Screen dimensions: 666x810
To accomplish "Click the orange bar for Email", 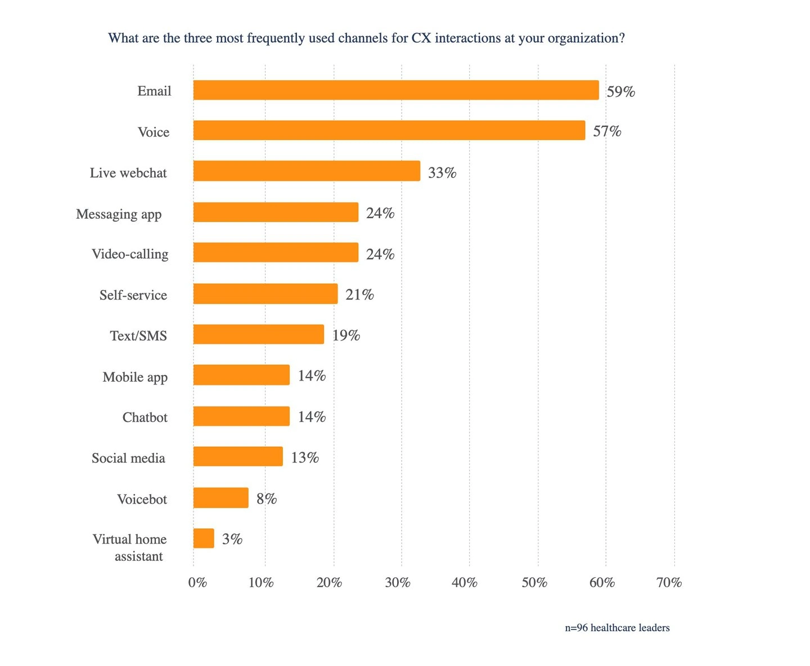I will [x=396, y=90].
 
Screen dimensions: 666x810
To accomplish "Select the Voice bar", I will [x=389, y=130].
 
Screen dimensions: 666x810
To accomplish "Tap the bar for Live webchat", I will [x=307, y=171].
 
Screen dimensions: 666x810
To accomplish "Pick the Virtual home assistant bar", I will [x=204, y=538].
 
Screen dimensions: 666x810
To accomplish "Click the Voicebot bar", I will [x=220, y=498].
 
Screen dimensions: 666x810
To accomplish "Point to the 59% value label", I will [x=620, y=92].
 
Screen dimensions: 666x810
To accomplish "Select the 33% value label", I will [x=442, y=173].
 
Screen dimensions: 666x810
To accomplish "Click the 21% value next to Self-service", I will [x=359, y=295].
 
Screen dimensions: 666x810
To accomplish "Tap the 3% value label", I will [x=232, y=539].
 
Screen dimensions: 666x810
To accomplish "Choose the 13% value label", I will [x=305, y=457].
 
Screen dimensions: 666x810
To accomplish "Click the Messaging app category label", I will [x=119, y=214].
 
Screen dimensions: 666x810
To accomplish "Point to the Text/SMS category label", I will [x=138, y=336].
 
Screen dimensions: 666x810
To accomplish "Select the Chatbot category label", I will [x=145, y=417].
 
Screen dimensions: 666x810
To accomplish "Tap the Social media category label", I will [x=128, y=458].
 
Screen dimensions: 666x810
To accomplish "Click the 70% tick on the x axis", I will [x=669, y=583].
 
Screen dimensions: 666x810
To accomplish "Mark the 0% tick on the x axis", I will [x=197, y=583].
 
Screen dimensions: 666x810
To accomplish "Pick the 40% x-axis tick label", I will [x=465, y=583].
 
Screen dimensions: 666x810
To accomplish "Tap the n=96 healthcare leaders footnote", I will [x=617, y=628].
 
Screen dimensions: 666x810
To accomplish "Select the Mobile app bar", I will [x=241, y=375].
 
